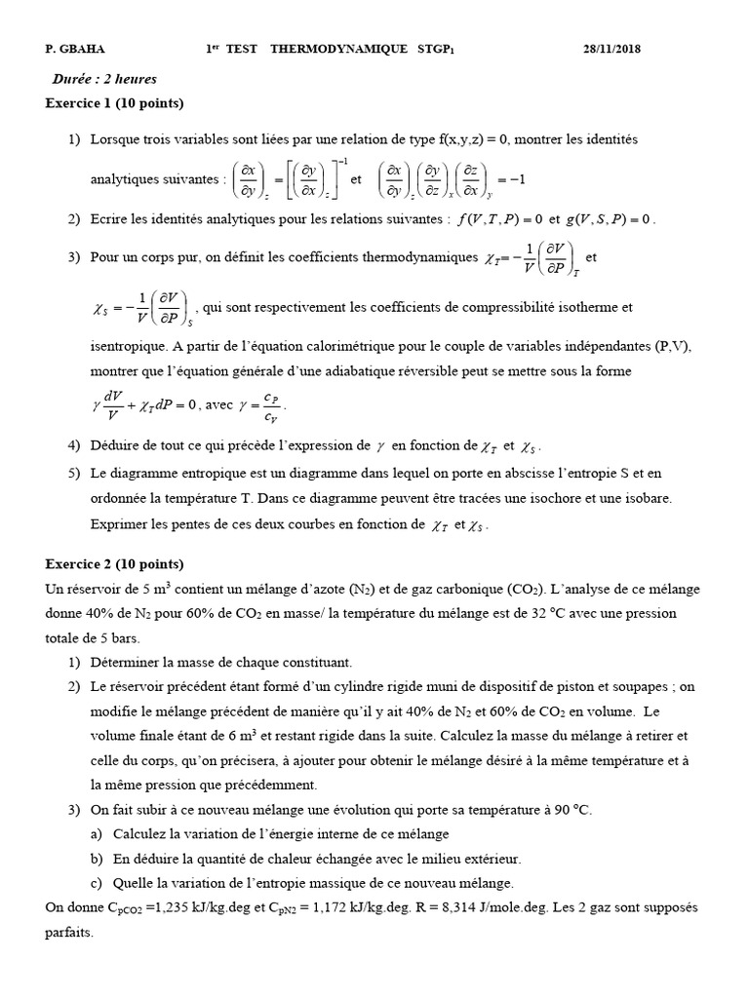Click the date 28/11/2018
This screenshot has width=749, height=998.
611,49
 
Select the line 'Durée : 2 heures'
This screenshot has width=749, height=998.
104,79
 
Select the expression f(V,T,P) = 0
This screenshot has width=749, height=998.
499,219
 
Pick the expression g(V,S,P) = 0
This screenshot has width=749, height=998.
605,219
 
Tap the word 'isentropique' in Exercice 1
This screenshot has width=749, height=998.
128,346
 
